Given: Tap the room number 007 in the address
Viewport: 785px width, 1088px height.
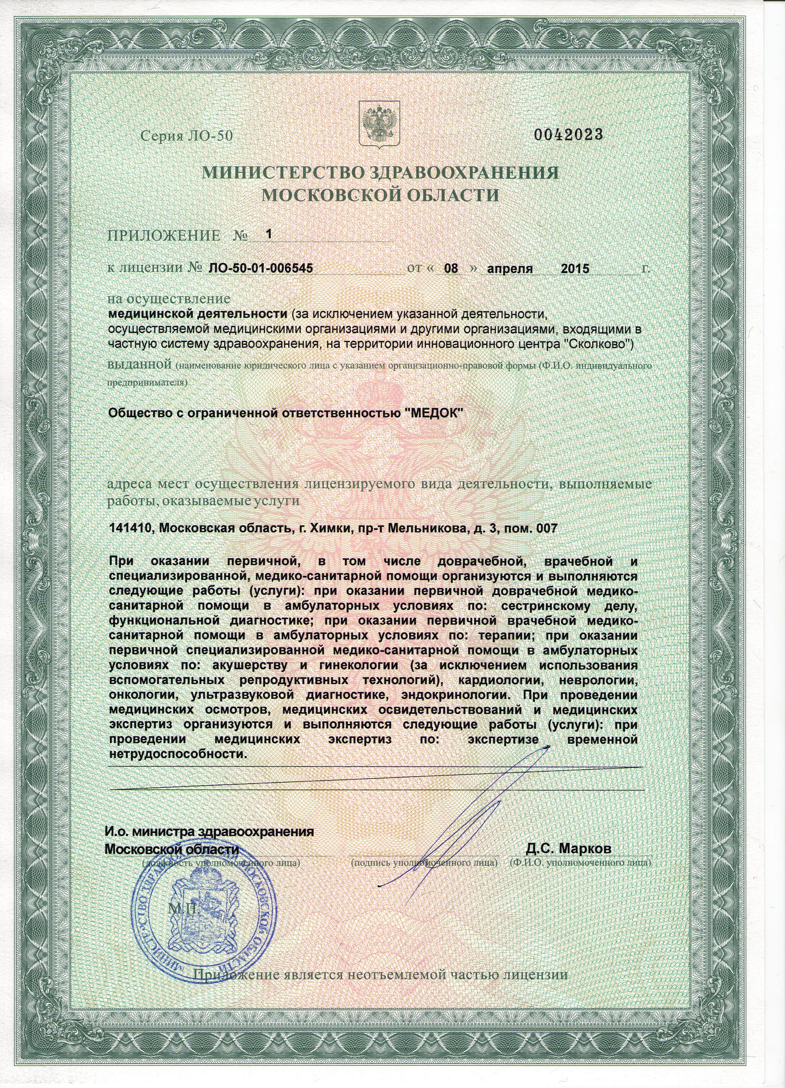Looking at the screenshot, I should pyautogui.click(x=544, y=529).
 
